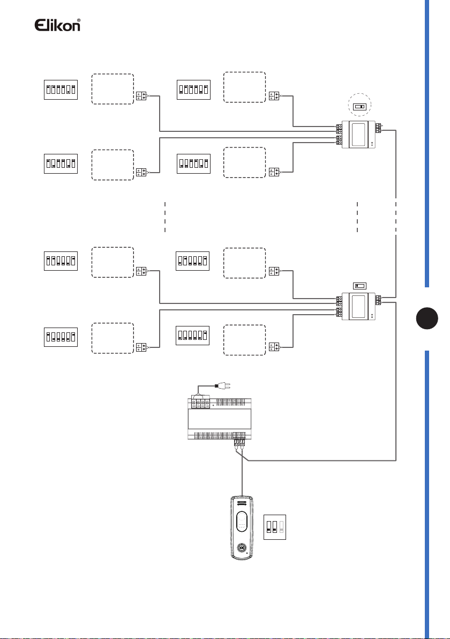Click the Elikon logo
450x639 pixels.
pyautogui.click(x=57, y=25)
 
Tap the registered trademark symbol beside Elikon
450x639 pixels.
pyautogui.click(x=79, y=20)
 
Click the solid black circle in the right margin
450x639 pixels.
pyautogui.click(x=427, y=318)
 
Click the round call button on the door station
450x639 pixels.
pyautogui.click(x=242, y=547)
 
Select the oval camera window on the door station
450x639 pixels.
pyautogui.click(x=242, y=522)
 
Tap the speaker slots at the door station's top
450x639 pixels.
pyautogui.click(x=242, y=503)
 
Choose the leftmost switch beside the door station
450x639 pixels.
pyautogui.click(x=269, y=527)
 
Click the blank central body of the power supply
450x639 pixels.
pyautogui.click(x=220, y=419)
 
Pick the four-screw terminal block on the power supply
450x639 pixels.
pyautogui.click(x=200, y=404)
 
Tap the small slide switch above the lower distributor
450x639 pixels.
pyautogui.click(x=359, y=286)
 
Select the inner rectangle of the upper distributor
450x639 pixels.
pyautogui.click(x=359, y=135)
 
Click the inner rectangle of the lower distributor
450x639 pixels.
pyautogui.click(x=358, y=306)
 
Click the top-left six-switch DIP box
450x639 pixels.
pyautogui.click(x=61, y=90)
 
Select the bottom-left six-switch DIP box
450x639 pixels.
pyautogui.click(x=61, y=337)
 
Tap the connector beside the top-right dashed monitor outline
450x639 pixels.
pyautogui.click(x=274, y=96)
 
